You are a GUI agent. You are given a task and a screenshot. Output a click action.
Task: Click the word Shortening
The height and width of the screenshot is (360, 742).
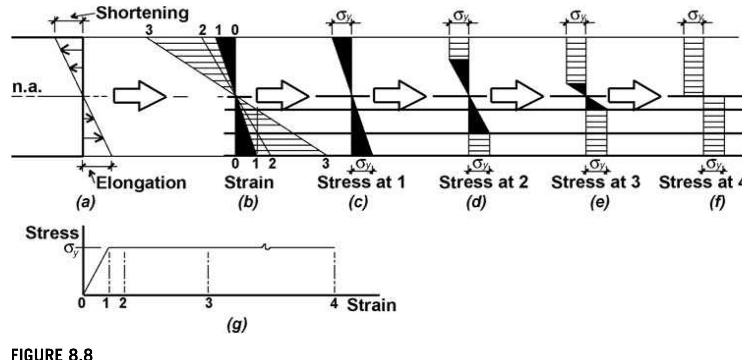click(141, 13)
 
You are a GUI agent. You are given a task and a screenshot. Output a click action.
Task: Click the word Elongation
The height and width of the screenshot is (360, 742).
click(141, 183)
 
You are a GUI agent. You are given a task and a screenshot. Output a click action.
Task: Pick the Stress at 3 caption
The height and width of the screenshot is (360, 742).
click(596, 183)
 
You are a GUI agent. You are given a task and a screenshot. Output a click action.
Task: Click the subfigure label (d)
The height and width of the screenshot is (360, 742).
click(475, 203)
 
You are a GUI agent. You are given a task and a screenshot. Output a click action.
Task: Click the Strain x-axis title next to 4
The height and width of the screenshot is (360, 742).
click(371, 305)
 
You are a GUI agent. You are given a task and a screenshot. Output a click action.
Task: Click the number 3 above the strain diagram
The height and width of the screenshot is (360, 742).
click(149, 29)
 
